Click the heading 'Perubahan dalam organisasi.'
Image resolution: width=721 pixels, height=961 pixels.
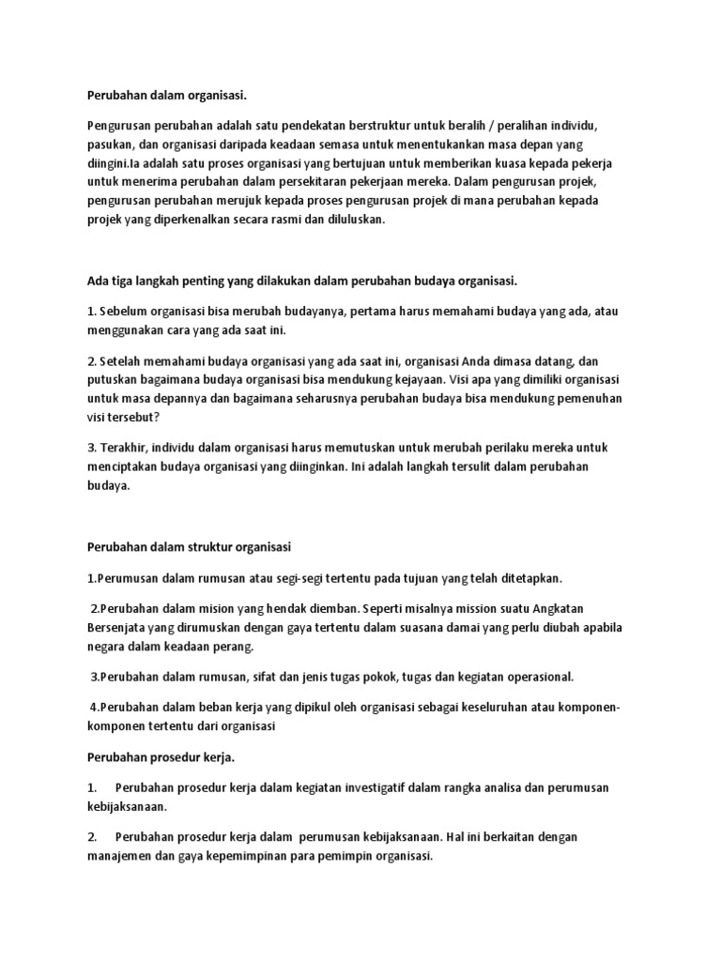pos(168,95)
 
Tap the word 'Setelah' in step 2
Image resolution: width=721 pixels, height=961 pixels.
pos(124,362)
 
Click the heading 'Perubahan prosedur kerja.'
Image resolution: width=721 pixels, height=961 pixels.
pos(161,755)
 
